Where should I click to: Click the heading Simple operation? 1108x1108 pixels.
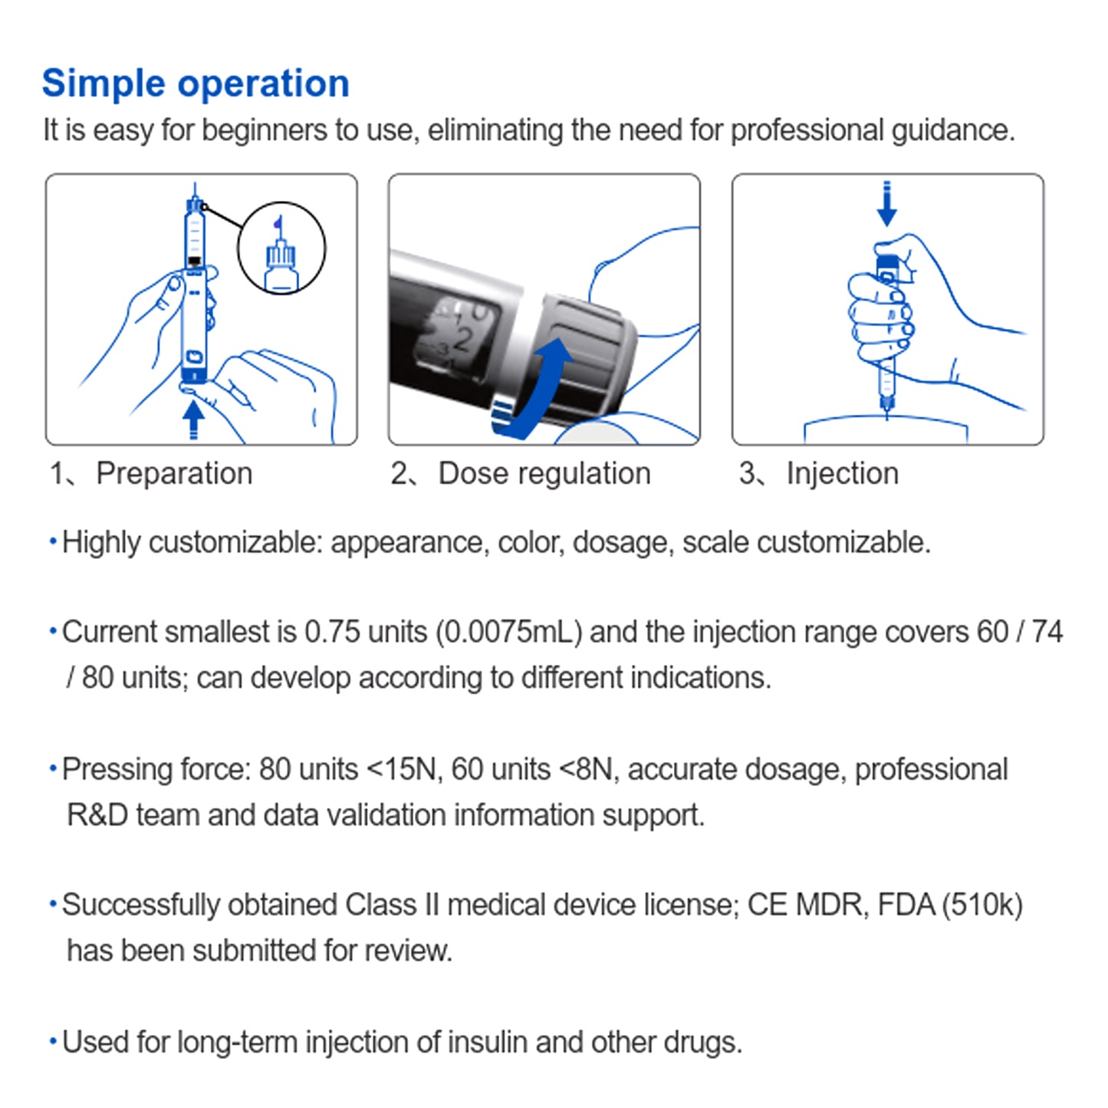click(x=196, y=83)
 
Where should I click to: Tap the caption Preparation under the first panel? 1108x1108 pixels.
click(x=174, y=473)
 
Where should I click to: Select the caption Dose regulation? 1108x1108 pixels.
click(x=544, y=473)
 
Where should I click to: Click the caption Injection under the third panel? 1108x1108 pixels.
click(x=842, y=473)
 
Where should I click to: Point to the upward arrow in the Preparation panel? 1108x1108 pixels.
click(x=193, y=419)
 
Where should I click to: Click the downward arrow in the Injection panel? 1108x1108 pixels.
click(x=887, y=205)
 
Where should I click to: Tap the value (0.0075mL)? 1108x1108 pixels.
click(x=509, y=632)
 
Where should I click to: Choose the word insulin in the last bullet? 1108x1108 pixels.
click(x=488, y=1042)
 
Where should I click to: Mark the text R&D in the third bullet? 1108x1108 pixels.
click(x=97, y=814)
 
